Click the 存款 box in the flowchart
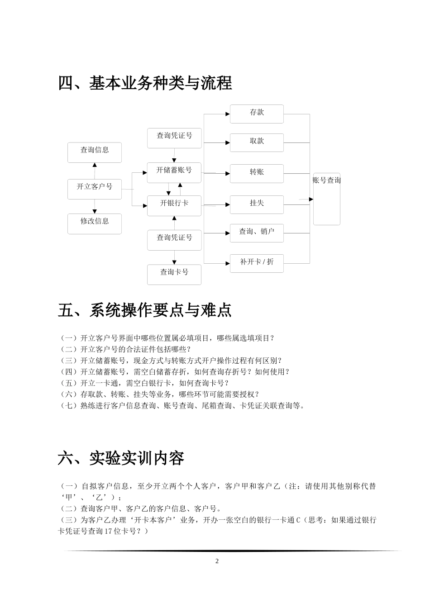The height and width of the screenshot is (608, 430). click(257, 114)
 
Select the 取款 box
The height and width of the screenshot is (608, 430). click(257, 142)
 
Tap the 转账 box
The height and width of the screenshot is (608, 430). click(257, 173)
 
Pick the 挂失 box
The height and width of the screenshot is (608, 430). click(257, 204)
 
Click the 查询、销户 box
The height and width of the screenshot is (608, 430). click(257, 233)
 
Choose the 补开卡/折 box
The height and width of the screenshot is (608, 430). click(257, 263)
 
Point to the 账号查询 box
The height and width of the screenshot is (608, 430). click(326, 199)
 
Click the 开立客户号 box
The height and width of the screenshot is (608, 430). click(95, 189)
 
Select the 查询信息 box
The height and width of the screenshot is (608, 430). click(95, 152)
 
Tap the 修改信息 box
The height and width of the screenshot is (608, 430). click(95, 223)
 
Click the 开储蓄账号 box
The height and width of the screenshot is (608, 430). click(174, 172)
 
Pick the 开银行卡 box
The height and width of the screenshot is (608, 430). click(174, 205)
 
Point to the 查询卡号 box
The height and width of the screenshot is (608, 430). click(174, 274)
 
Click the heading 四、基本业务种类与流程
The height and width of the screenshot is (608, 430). click(145, 83)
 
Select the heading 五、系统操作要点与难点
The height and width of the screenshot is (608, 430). click(145, 310)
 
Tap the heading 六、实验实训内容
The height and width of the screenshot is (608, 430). click(121, 458)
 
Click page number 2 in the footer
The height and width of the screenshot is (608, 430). click(217, 561)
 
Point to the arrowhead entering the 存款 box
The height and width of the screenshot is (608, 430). click(227, 114)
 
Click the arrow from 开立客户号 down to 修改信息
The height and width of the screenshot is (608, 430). click(95, 207)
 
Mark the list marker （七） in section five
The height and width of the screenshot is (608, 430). click(69, 406)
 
